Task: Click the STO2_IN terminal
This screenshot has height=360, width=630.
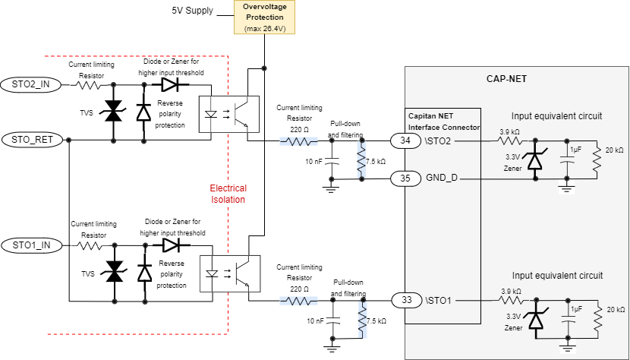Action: click(30, 84)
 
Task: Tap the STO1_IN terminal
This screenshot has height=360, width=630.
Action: click(30, 245)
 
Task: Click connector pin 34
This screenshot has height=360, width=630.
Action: click(406, 141)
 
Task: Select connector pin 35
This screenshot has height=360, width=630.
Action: click(406, 178)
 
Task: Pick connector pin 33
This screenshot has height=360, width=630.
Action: click(406, 301)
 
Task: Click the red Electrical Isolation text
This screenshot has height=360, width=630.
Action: click(228, 193)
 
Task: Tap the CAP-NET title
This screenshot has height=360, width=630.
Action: click(506, 78)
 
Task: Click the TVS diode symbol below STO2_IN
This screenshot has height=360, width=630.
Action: click(114, 112)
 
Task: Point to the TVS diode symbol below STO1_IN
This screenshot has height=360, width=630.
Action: click(114, 272)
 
